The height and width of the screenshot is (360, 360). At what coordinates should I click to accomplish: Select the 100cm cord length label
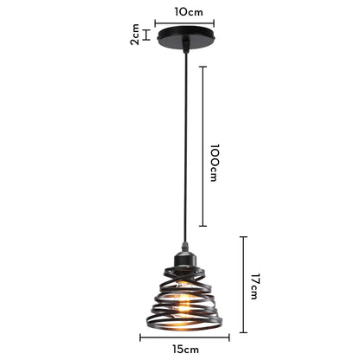tap(214, 162)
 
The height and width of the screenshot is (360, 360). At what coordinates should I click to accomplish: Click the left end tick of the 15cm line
tap(140, 337)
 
